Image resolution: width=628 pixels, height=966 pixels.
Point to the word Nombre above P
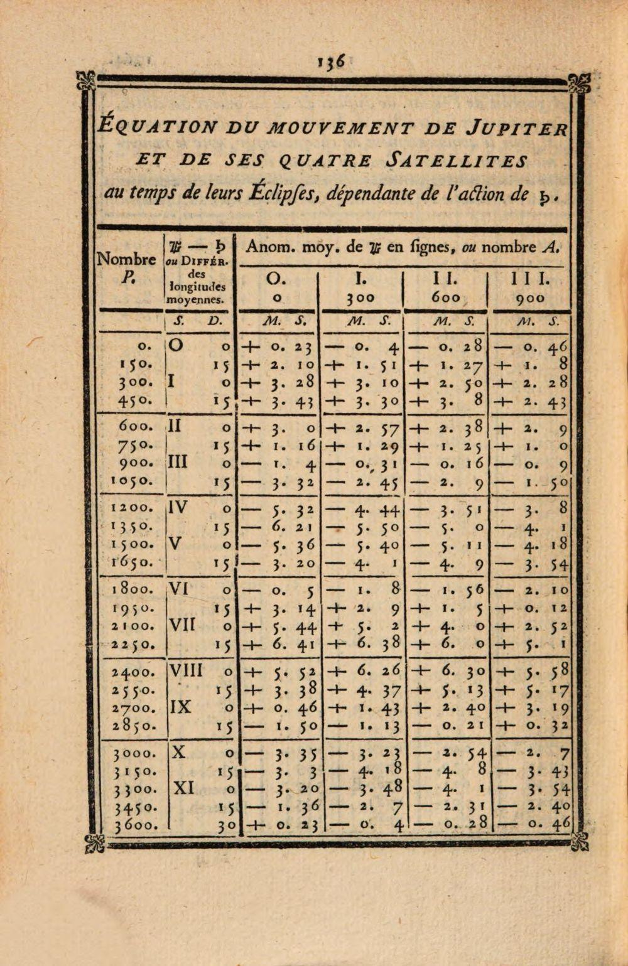click(126, 259)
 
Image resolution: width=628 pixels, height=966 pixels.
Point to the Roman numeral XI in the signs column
click(183, 788)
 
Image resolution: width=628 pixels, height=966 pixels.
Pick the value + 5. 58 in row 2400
click(533, 671)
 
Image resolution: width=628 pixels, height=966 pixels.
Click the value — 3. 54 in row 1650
click(533, 564)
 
